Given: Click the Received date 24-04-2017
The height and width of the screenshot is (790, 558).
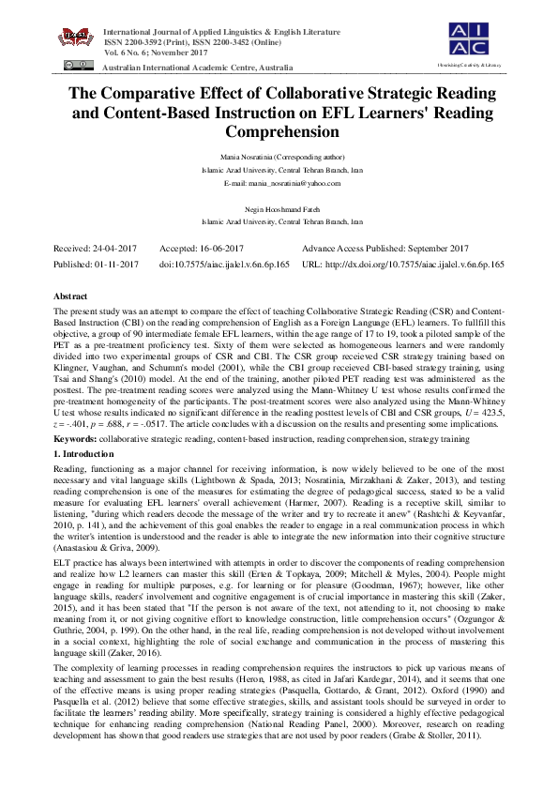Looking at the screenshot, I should pos(96,249).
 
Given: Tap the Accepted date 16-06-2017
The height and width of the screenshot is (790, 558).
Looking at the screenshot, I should pos(193,249).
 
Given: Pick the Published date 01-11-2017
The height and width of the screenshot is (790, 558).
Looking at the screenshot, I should pos(96,266).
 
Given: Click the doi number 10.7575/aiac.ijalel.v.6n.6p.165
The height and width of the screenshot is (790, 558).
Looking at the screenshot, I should pos(224,266).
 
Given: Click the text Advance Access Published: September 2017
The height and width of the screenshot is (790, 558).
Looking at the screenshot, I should pos(385,249).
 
